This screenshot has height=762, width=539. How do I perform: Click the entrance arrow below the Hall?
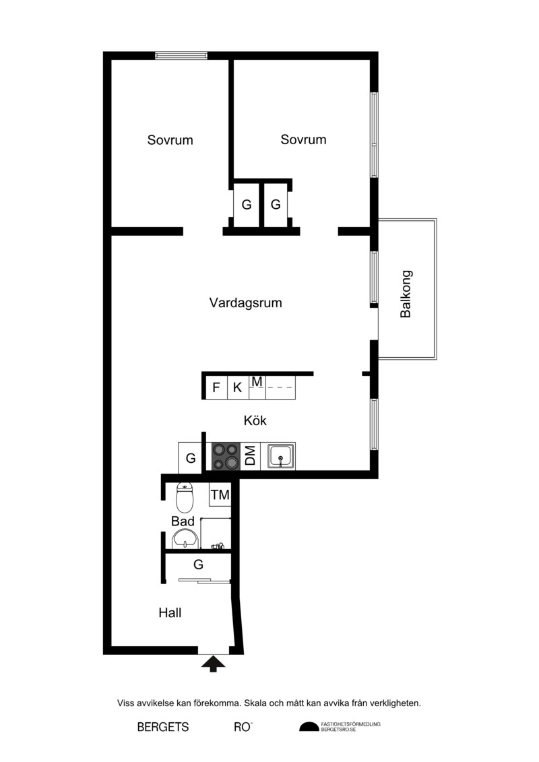pos(212,664)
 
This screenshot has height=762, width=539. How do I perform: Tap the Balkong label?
pos(406,294)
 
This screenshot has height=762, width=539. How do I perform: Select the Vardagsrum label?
pos(245,303)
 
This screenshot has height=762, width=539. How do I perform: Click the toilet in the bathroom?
pos(185,497)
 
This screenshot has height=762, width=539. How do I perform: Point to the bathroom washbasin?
pos(185,540)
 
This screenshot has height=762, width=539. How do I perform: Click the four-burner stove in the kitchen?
pos(226,456)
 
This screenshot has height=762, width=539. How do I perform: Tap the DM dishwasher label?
pos(251,456)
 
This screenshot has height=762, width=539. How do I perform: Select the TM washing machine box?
pos(220,495)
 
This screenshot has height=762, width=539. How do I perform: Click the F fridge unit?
pos(217,387)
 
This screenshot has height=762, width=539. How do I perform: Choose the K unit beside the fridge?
pos(238,387)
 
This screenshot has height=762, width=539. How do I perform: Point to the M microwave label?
pos(257,383)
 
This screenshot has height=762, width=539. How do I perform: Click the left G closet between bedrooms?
pos(247,205)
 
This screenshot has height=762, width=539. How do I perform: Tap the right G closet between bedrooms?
pos(276,205)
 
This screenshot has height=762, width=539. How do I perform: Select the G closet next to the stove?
pos(191,457)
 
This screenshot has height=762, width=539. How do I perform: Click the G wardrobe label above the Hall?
pos(198,565)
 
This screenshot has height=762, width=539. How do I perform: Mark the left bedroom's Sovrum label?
pos(170,140)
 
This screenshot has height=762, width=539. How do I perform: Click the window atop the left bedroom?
pos(181,55)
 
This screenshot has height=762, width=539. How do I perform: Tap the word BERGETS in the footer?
pos(163,727)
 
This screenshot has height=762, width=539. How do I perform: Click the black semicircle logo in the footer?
pos(309,726)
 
